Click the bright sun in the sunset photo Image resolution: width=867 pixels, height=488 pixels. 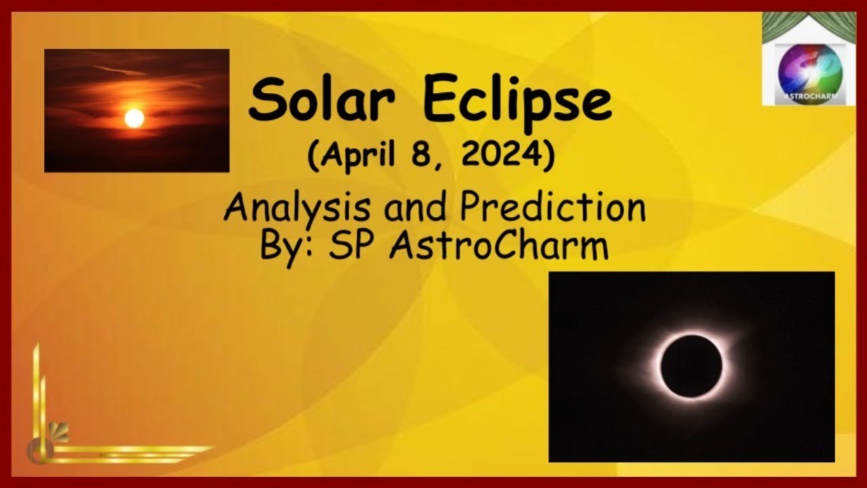(134, 118)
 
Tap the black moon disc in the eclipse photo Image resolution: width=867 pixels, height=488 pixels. (691, 366)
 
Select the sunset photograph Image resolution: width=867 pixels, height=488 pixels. (137, 110)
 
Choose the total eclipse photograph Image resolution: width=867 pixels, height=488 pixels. (692, 367)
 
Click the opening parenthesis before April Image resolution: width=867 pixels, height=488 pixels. (313, 158)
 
